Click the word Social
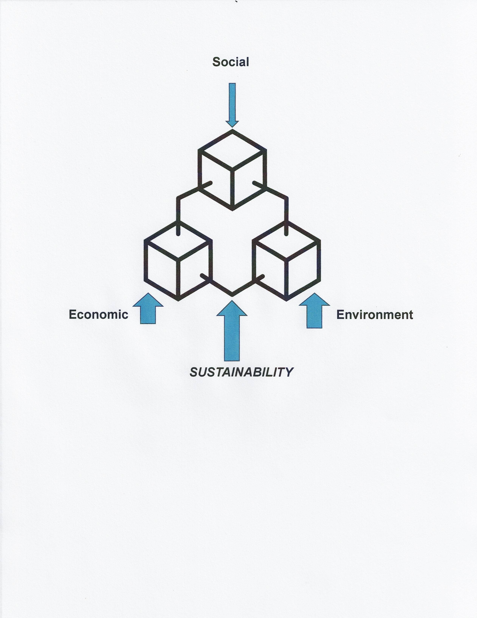click(x=231, y=62)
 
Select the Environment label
click(x=374, y=315)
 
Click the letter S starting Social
click(x=216, y=62)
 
